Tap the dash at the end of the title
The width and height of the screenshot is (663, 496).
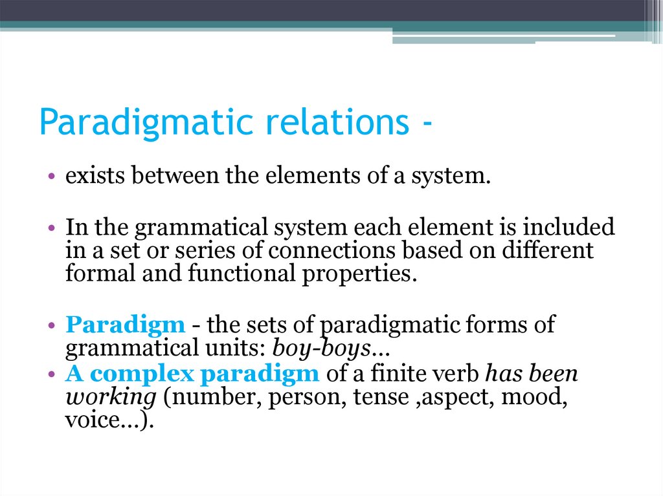425,123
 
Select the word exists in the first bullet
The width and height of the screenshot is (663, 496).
89,177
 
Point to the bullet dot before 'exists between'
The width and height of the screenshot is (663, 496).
51,178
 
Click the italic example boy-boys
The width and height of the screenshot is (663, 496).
321,349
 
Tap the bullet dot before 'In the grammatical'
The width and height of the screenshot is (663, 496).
51,230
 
